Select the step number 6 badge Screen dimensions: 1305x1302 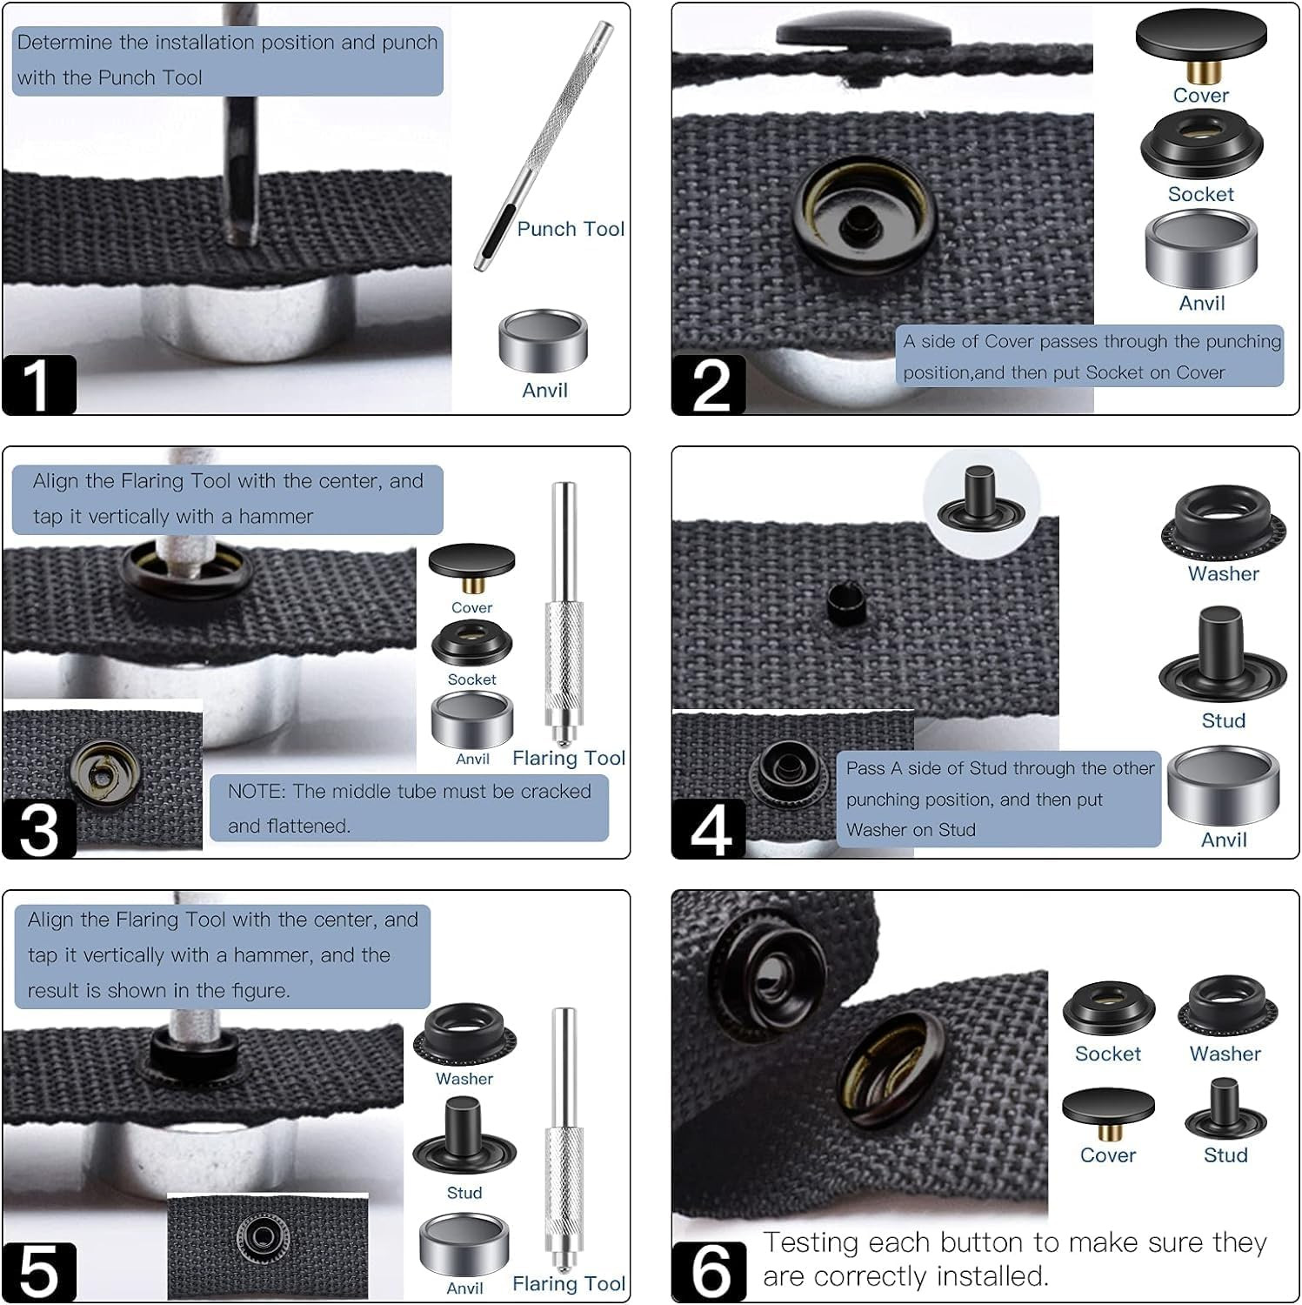click(710, 1271)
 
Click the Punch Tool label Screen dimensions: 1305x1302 click(571, 229)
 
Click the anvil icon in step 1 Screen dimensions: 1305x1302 click(544, 342)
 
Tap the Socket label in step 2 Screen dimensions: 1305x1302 click(1200, 194)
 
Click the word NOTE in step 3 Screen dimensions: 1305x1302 click(256, 792)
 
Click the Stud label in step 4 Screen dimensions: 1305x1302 click(1223, 720)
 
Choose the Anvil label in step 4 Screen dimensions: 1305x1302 click(1223, 840)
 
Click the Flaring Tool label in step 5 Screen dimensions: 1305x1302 click(569, 1283)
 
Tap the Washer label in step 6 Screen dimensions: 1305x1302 click(1225, 1054)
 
